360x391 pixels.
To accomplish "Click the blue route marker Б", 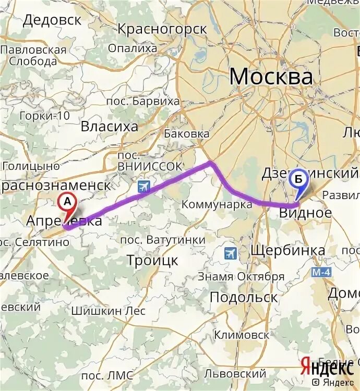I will [298, 179].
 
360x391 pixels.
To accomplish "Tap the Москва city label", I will [271, 77].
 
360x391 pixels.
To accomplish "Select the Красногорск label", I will [162, 29].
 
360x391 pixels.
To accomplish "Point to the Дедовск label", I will [52, 20].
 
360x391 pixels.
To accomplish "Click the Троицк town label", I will [152, 260].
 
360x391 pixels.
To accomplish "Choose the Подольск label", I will [243, 297].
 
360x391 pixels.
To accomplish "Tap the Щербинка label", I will [288, 250].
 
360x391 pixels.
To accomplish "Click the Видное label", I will [305, 213].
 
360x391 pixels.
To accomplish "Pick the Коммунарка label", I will [217, 204].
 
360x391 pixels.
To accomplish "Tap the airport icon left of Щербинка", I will [230, 253].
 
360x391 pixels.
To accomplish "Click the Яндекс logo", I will [327, 366].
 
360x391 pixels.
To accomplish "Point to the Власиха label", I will [110, 126].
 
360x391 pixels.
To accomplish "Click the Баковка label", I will [186, 133].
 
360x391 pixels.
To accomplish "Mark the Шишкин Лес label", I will [115, 311].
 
